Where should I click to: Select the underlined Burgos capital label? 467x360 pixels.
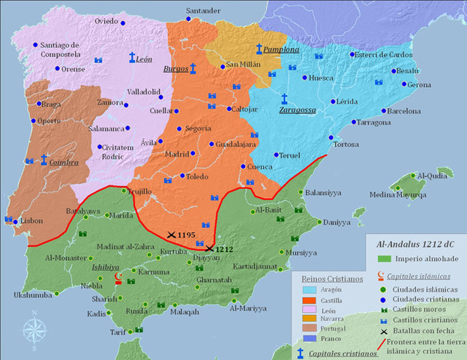click(x=175, y=69)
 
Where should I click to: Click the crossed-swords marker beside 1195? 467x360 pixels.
click(x=172, y=235)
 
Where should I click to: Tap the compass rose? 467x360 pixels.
click(x=33, y=330)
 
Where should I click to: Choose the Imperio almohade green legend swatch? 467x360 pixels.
click(x=382, y=259)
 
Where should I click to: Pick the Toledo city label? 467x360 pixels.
click(x=197, y=177)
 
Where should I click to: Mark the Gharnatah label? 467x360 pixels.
click(x=214, y=280)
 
